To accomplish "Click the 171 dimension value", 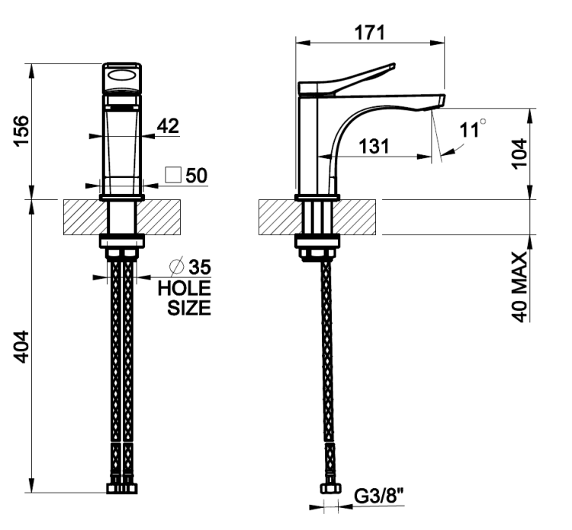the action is coord(370,33).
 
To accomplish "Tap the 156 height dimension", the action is coord(21,131).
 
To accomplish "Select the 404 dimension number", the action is coord(21,347).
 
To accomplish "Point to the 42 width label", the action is coord(169,126).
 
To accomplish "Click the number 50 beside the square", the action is coord(197,176).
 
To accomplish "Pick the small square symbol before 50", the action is coord(173,175).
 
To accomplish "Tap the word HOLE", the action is coord(185,289).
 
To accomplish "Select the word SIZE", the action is coord(189,308).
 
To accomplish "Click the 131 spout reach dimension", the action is coord(374,146).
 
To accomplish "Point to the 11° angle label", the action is coord(473,128).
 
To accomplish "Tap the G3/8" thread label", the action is coord(379,496).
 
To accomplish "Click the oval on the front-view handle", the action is coord(122,76).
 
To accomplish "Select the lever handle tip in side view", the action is coord(394,66).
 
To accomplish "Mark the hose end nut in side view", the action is coord(331,488).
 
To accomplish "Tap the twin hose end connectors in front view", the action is coord(122,488).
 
